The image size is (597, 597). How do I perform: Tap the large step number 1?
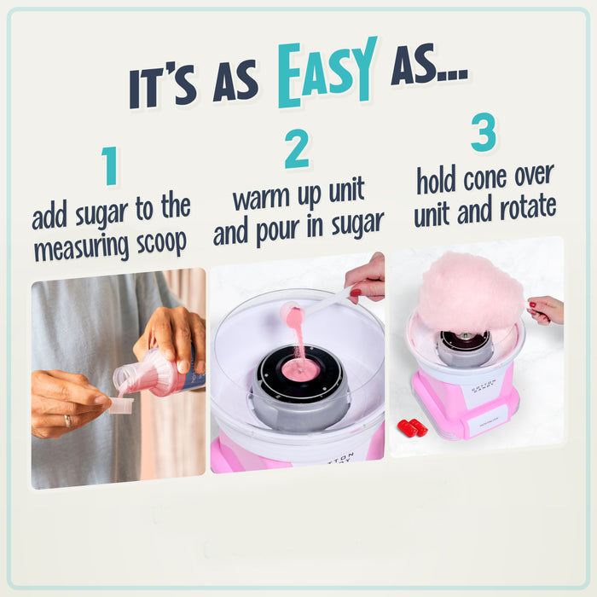pyautogui.click(x=109, y=166)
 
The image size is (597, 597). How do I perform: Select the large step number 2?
pyautogui.click(x=297, y=150)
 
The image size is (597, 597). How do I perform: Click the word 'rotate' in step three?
pyautogui.click(x=524, y=207)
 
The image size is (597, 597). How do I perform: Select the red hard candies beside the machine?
pyautogui.click(x=412, y=426)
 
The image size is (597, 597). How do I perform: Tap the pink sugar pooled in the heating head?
pyautogui.click(x=300, y=369)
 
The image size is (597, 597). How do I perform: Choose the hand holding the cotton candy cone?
pyautogui.click(x=546, y=309)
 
